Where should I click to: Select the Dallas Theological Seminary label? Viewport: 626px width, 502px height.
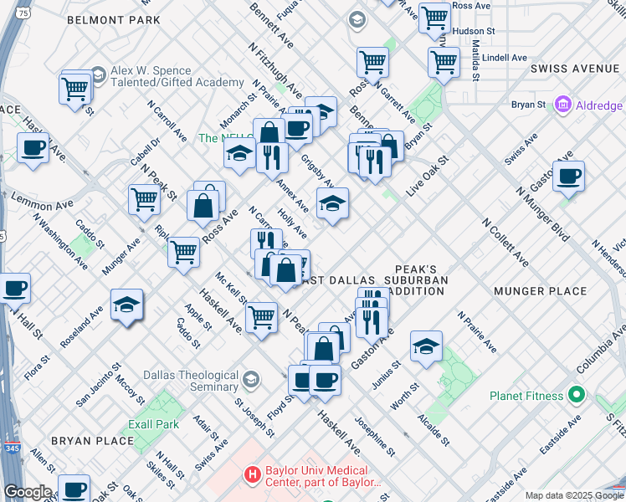coord(191,381)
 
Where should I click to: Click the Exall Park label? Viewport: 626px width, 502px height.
coord(154,424)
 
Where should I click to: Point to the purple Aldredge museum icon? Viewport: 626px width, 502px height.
coord(562,105)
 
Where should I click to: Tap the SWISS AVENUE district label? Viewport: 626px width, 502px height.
coord(577,67)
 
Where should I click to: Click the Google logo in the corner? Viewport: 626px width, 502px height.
coord(27,492)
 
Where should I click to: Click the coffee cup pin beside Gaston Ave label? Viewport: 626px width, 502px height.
coord(568,177)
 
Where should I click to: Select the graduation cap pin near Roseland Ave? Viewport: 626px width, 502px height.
coord(126,305)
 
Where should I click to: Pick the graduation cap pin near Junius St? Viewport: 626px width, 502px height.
coord(426,346)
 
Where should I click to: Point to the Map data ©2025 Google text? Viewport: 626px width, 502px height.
coord(573,495)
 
